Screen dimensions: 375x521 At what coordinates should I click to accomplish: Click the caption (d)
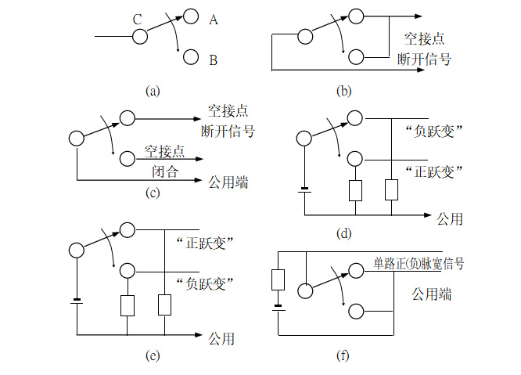click(343, 233)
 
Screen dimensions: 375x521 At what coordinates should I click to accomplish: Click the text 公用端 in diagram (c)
click(228, 182)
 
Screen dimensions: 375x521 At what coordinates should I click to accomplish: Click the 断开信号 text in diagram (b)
click(425, 59)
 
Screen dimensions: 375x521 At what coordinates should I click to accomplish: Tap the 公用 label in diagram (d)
click(450, 218)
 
